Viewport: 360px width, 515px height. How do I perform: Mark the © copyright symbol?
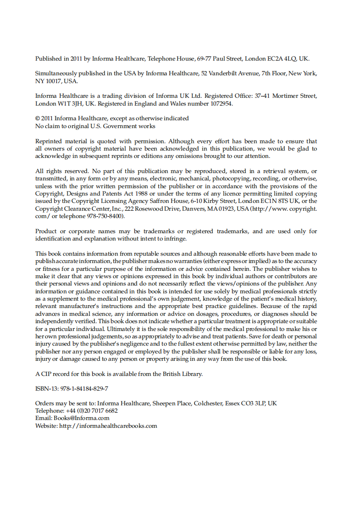pos(38,118)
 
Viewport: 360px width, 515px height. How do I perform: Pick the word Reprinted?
pos(49,141)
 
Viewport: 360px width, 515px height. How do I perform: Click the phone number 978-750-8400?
pos(105,216)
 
